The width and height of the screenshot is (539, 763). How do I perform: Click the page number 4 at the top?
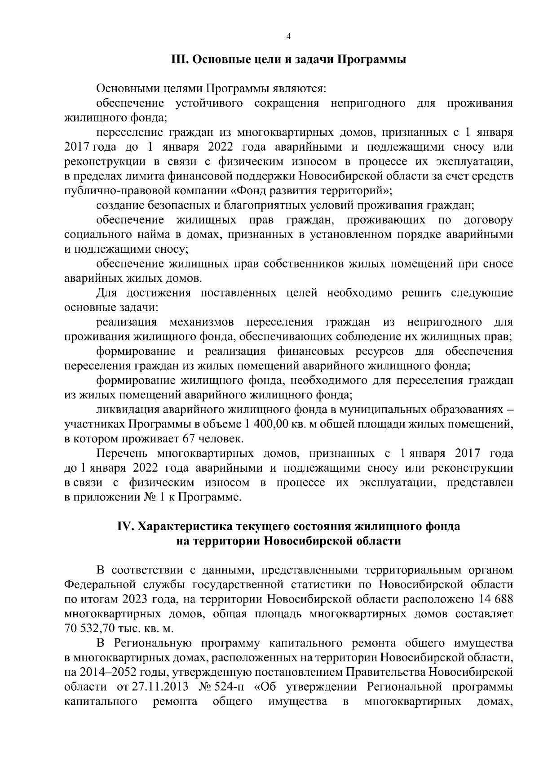288,37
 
